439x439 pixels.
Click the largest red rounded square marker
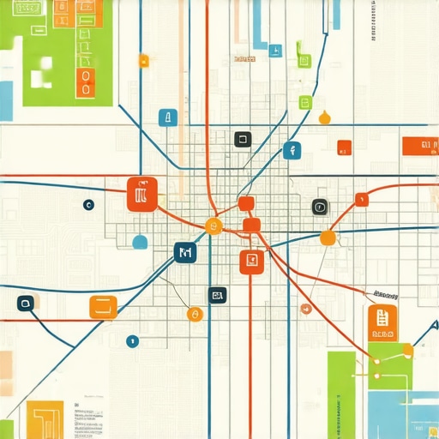coord(142,194)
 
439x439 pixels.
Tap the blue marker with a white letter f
coord(292,150)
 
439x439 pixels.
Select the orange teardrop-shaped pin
coord(324,117)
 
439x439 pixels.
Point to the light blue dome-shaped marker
coord(140,243)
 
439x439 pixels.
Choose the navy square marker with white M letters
coord(184,252)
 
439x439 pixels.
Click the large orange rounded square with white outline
coord(103,307)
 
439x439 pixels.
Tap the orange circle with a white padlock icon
coord(195,315)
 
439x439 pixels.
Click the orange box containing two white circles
coord(84,83)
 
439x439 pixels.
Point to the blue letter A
coord(434,326)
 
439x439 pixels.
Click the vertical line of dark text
coord(374,21)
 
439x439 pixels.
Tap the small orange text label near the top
coord(244,59)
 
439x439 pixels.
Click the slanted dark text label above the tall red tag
coord(381,293)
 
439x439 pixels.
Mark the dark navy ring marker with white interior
coord(87,205)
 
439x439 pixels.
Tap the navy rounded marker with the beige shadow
coord(25,303)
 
